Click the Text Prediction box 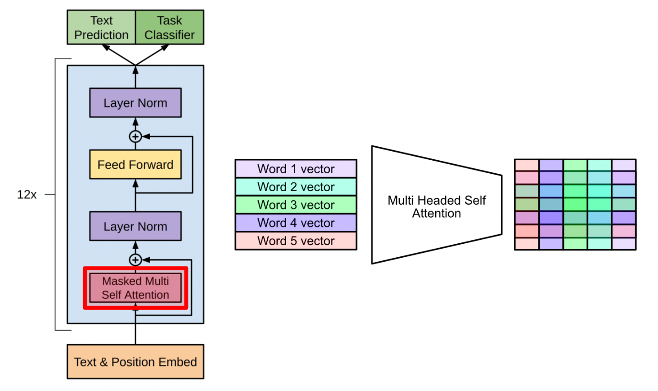(102, 28)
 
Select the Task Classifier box (169, 28)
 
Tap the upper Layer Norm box (136, 103)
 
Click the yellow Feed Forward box (136, 165)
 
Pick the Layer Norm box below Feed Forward (136, 226)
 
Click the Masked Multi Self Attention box (136, 288)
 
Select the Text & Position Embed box (136, 362)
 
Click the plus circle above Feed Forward (136, 137)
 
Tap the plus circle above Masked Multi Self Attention (136, 260)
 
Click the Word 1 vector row (296, 169)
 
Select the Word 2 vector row (296, 187)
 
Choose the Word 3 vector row (296, 205)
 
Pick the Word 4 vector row (296, 223)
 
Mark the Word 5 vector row (296, 240)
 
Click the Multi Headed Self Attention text (437, 206)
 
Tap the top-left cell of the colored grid (527, 165)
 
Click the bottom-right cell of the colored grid (624, 244)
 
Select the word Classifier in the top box (169, 35)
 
